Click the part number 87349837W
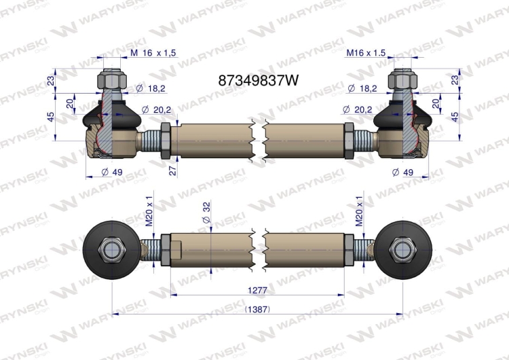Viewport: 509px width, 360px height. [258, 80]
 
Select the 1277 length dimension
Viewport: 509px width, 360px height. [257, 290]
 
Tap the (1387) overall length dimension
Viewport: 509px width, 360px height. [257, 309]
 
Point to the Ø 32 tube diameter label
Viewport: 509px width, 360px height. [206, 213]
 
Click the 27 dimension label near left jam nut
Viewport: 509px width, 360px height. [173, 170]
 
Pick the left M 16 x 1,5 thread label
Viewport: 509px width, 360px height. [153, 53]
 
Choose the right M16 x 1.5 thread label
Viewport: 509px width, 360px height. [366, 52]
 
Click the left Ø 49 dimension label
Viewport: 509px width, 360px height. [112, 172]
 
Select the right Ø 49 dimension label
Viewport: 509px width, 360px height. [402, 172]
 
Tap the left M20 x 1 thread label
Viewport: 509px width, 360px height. [149, 211]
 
